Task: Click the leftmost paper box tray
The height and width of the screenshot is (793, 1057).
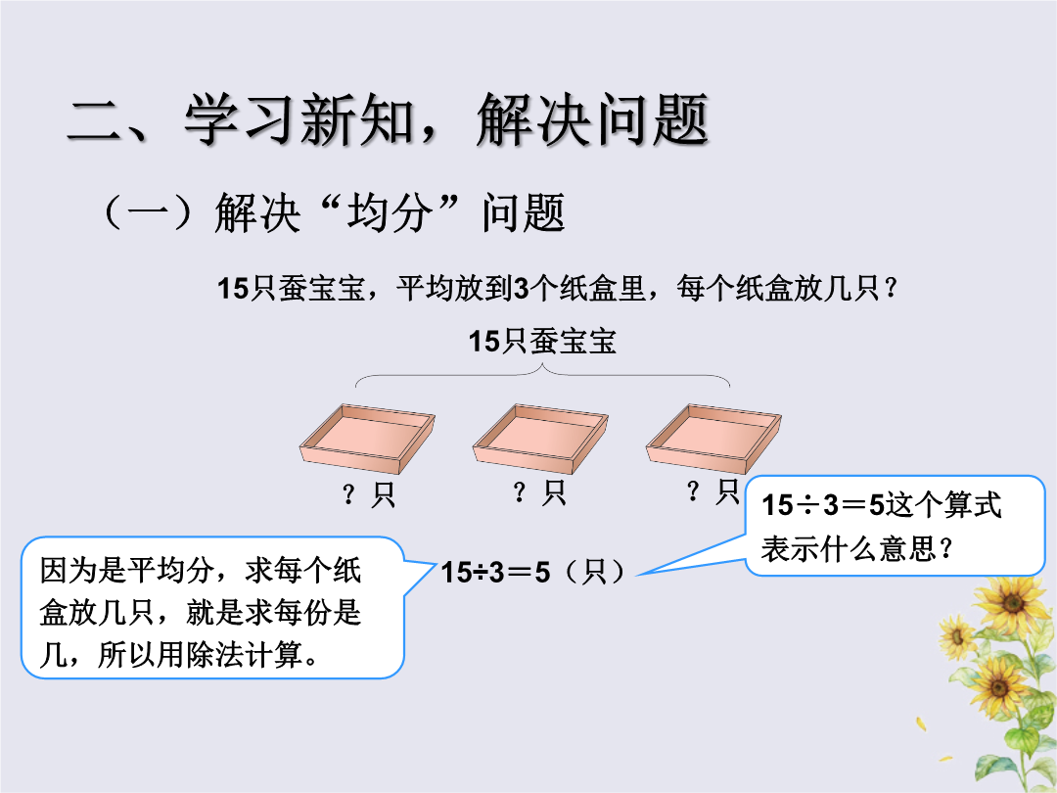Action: (367, 439)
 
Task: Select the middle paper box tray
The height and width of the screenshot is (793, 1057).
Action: (540, 439)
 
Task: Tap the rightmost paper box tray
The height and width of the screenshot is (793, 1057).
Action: (713, 439)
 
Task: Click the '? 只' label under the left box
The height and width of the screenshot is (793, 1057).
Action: (369, 494)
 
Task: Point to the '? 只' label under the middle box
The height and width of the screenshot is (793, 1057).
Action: (539, 492)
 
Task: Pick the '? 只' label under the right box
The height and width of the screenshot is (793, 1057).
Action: (712, 490)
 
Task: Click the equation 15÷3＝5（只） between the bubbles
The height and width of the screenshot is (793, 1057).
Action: (534, 572)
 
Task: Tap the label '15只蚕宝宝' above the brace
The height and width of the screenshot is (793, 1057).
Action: (542, 342)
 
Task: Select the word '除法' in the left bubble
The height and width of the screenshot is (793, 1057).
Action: (214, 654)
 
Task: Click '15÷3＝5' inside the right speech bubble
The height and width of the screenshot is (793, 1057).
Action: (822, 505)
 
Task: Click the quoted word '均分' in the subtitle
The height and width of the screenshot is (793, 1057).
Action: (389, 213)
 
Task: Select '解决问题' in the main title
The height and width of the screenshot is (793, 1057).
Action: (592, 120)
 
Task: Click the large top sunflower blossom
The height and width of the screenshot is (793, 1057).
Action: (1011, 602)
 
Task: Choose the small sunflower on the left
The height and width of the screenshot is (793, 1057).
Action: (956, 636)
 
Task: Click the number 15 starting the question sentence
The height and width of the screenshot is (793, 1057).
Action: (233, 289)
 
